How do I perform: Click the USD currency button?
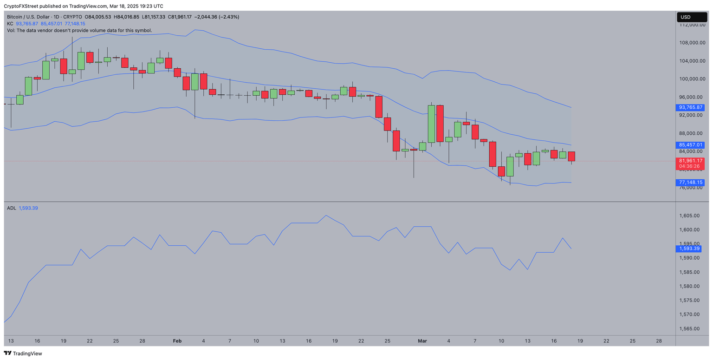(x=691, y=17)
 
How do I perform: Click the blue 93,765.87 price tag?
(x=690, y=107)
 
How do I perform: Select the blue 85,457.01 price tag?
(x=690, y=144)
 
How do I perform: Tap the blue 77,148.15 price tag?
(x=690, y=183)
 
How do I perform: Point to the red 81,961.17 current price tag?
(x=690, y=161)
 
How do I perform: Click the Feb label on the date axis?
(x=177, y=341)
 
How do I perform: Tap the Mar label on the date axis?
(x=422, y=341)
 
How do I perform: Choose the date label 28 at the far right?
(x=659, y=341)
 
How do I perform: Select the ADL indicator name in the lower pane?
(x=12, y=208)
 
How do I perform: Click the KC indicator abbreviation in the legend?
(x=10, y=24)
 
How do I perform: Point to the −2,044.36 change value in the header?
(x=208, y=17)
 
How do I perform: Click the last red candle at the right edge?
(x=571, y=157)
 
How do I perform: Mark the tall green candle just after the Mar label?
(x=431, y=124)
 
